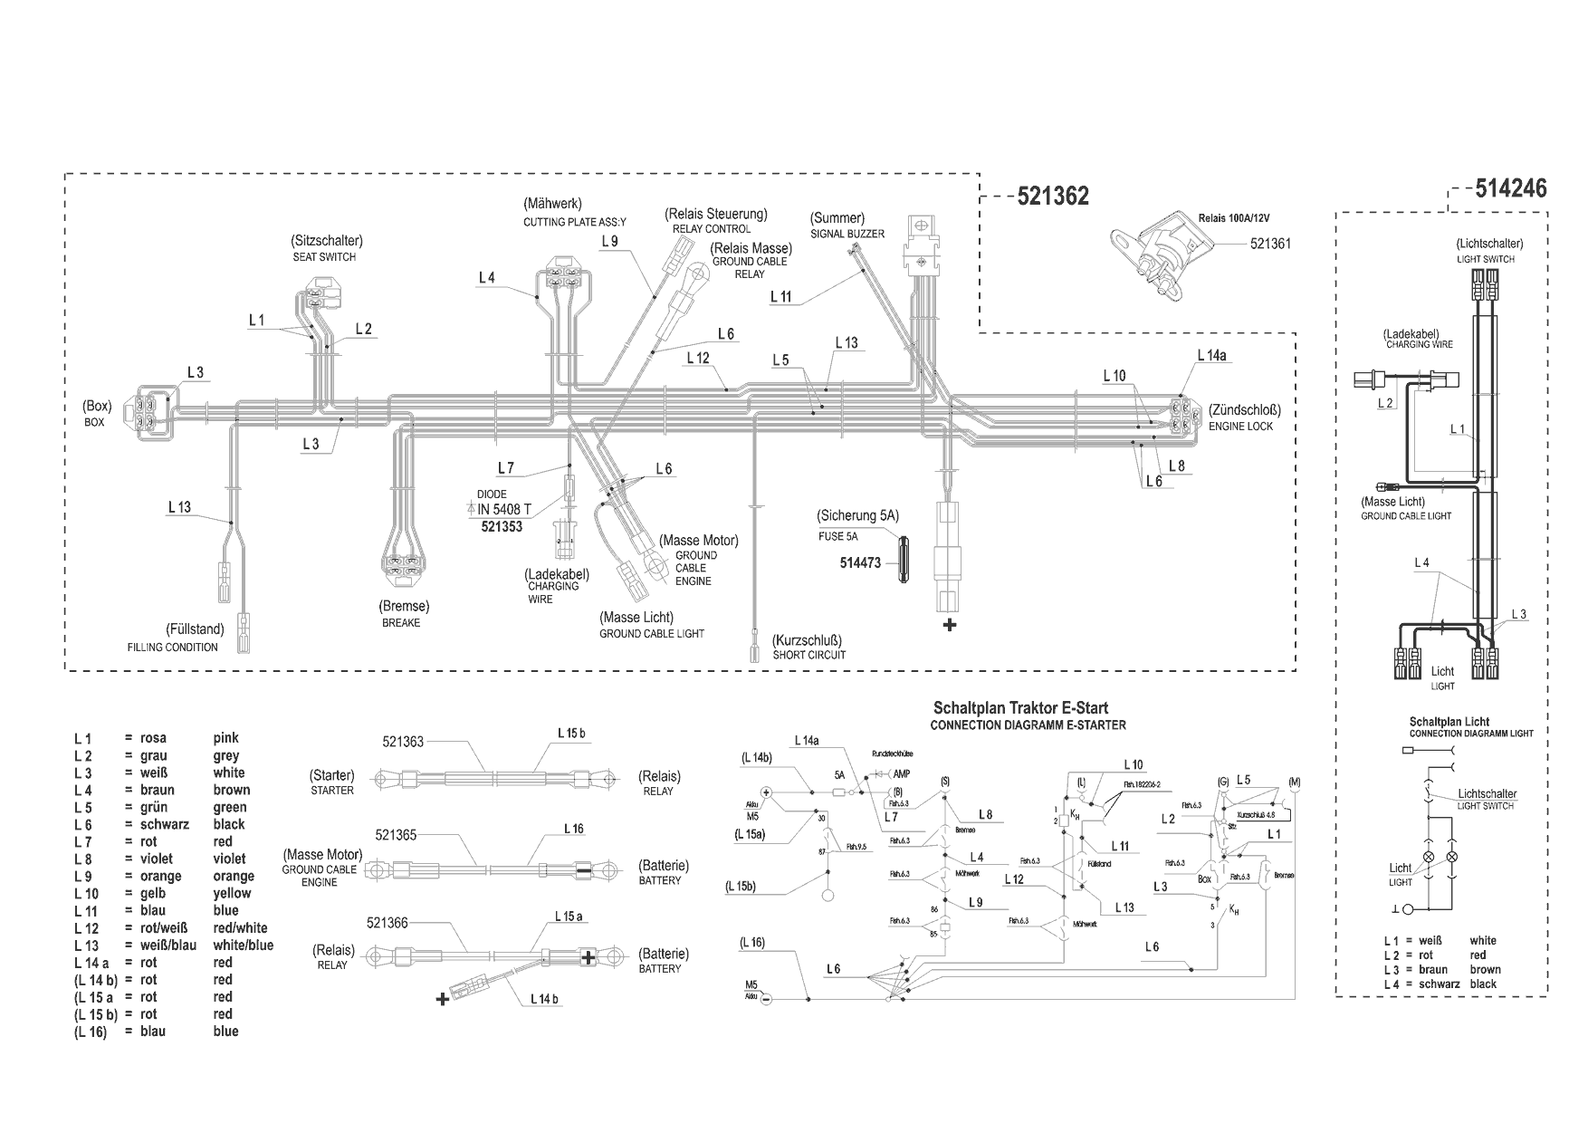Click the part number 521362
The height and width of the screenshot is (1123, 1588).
(1053, 197)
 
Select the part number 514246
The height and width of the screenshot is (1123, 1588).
(1511, 188)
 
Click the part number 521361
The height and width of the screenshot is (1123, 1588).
(1270, 244)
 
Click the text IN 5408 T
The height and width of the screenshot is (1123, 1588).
(503, 510)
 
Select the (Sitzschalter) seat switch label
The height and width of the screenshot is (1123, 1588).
(326, 241)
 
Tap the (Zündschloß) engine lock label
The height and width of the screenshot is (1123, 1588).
(1244, 410)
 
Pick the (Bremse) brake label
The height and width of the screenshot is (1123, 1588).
(404, 606)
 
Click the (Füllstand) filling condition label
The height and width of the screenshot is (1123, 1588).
(195, 629)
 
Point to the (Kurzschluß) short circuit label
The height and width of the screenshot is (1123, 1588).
(808, 639)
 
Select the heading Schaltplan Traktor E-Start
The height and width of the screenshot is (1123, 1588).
(1020, 708)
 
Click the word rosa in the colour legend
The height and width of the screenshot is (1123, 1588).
(153, 738)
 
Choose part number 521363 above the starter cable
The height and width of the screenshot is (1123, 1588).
(403, 742)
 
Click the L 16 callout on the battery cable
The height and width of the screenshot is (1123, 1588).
(574, 829)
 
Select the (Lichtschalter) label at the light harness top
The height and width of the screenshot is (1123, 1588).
(1489, 244)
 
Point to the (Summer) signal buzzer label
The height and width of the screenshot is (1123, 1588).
(837, 218)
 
